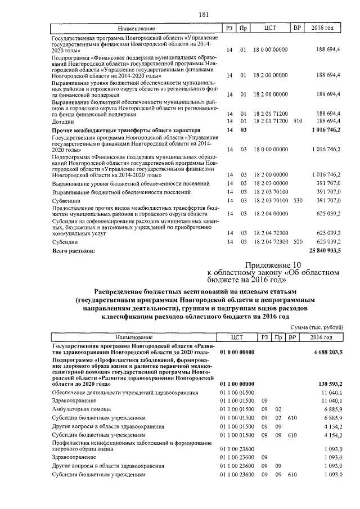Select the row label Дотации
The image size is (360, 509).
pos(62,121)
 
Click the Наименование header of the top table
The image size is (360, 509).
pos(136,28)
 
